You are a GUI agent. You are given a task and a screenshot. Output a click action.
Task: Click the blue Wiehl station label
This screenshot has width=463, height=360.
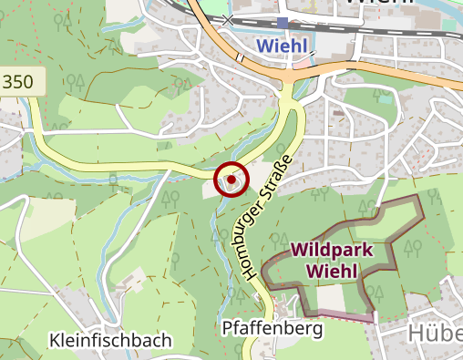tap(281, 45)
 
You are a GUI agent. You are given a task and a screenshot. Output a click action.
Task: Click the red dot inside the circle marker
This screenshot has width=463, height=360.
tap(231, 180)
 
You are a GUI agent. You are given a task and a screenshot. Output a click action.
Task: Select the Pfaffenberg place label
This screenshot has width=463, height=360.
tap(272, 327)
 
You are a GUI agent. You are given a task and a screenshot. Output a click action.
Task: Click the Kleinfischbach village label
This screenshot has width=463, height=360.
tap(110, 341)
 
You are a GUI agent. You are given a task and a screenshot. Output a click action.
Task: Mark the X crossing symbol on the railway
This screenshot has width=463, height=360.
tap(228, 18)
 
